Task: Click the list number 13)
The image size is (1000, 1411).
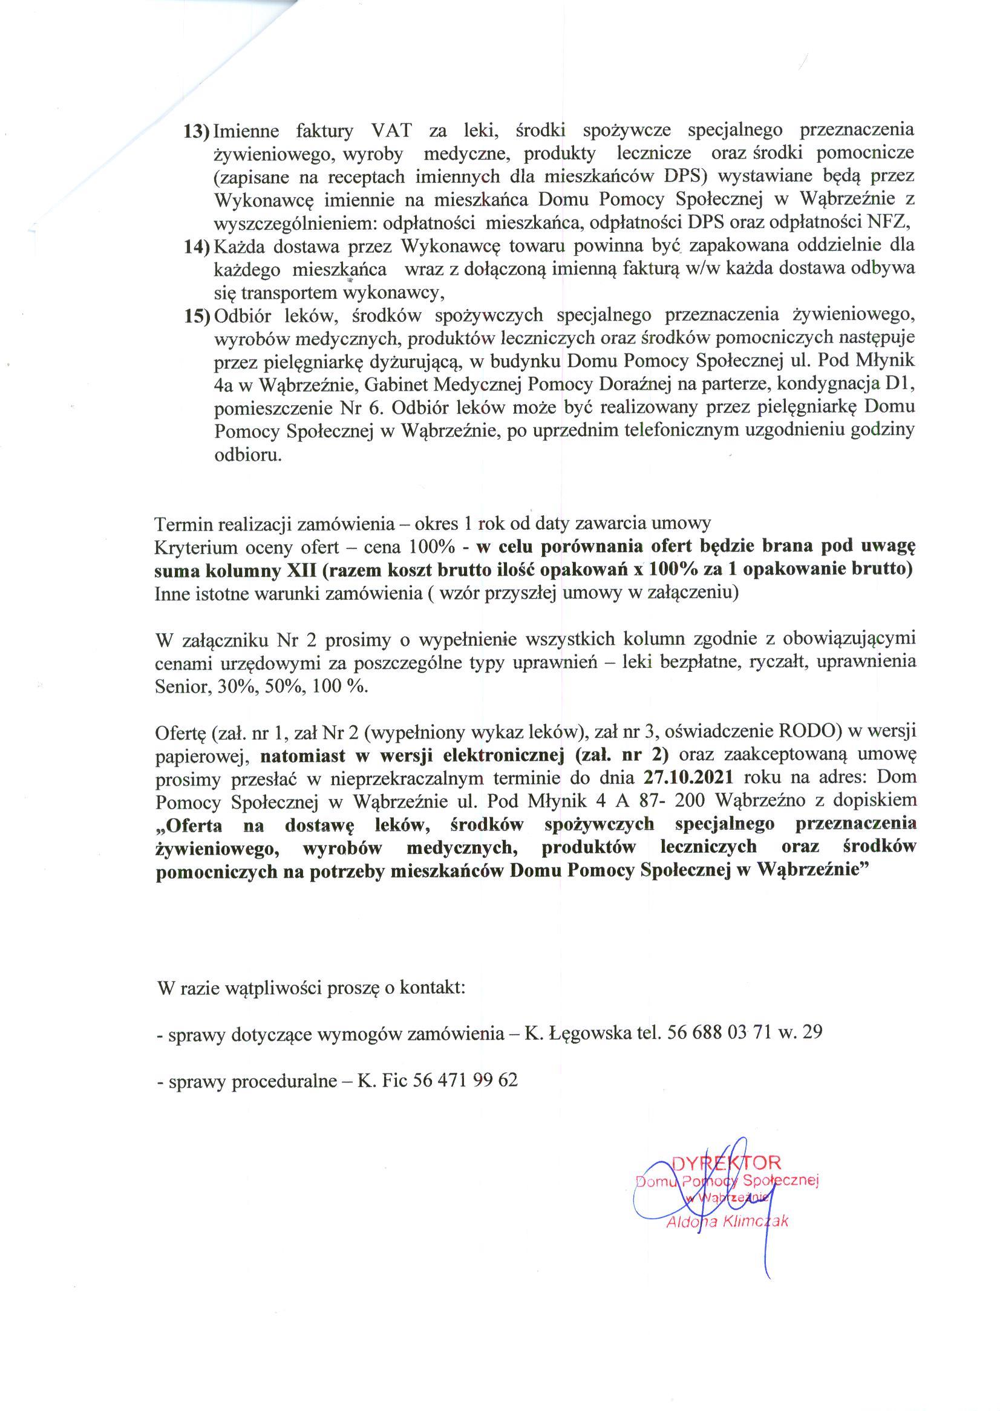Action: (197, 132)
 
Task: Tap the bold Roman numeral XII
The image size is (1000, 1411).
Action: (302, 570)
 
